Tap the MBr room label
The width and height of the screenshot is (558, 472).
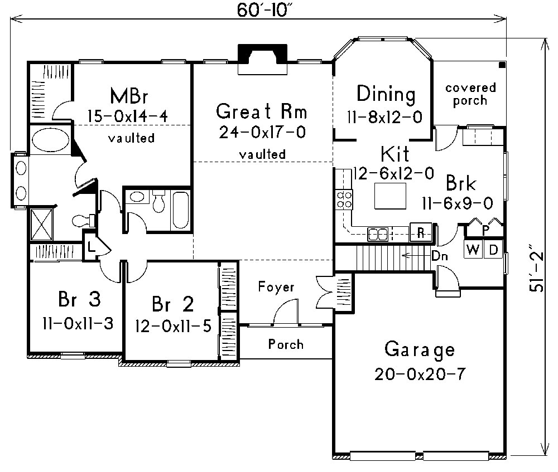(128, 95)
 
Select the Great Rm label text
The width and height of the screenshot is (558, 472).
(262, 112)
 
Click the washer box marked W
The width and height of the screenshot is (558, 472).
(473, 250)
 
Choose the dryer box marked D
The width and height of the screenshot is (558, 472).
(493, 250)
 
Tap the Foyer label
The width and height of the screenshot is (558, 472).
(276, 287)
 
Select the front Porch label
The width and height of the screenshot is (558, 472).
(286, 344)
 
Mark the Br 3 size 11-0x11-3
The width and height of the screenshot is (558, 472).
(77, 323)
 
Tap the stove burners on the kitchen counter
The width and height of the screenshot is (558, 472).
(343, 199)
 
